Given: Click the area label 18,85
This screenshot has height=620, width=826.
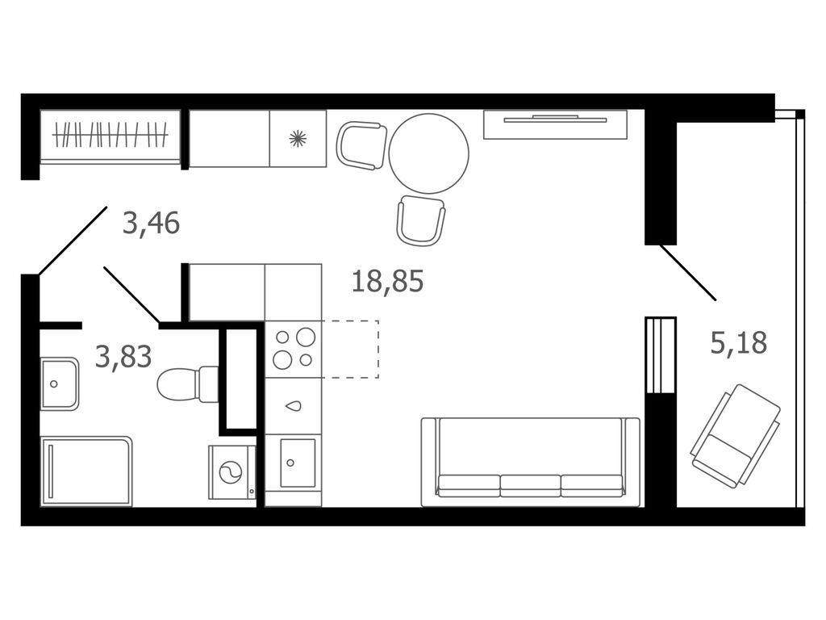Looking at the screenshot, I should tap(387, 282).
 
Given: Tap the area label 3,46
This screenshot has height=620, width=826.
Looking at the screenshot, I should tap(151, 222).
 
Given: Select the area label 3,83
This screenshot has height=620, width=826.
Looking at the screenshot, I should tap(123, 355).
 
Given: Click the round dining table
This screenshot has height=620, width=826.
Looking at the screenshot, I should tap(428, 153).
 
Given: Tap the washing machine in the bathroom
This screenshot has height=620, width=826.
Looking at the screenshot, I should tap(232, 472).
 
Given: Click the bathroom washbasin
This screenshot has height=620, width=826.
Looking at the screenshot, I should tap(60, 383).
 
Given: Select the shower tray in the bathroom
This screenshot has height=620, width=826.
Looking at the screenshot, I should tap(86, 471).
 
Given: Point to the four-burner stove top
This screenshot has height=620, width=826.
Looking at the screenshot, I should tap(293, 348).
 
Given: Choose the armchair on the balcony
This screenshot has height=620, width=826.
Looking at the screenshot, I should tap(736, 436).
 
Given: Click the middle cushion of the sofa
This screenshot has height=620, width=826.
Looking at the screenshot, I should tap(530, 484).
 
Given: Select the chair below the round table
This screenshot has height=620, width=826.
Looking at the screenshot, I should tap(420, 220).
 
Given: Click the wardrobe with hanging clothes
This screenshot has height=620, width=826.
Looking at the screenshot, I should tap(111, 135).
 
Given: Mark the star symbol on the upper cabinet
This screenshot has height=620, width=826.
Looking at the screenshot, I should tap(298, 138).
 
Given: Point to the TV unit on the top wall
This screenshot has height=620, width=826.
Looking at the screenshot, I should tap(555, 123).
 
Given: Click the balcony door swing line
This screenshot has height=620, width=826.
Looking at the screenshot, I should tap(687, 272).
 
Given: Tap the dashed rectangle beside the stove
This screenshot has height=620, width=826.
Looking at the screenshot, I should tap(350, 349).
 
